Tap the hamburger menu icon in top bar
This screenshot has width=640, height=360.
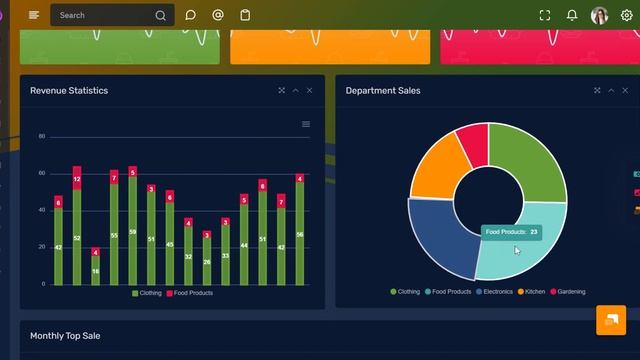tap(34, 15)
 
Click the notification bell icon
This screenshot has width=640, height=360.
tap(572, 15)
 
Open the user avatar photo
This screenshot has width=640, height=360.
tap(599, 15)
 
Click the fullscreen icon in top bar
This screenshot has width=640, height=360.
tap(545, 15)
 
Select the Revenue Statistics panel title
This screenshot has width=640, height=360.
tap(69, 91)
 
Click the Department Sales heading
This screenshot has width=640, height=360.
tap(383, 91)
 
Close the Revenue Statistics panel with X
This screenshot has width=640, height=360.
tap(310, 91)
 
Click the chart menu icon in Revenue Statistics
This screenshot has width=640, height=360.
tap(306, 124)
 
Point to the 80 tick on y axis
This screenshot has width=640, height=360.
tap(42, 136)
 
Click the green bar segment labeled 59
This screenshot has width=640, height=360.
tap(132, 232)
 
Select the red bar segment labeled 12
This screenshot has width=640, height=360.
tap(77, 178)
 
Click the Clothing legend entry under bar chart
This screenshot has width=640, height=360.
tap(146, 293)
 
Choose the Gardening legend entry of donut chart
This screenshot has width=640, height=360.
tap(568, 292)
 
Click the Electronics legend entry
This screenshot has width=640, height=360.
tap(495, 292)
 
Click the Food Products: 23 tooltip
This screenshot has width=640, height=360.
tap(511, 232)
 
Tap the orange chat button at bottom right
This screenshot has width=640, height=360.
tap(610, 320)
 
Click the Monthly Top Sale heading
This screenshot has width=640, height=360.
tap(65, 336)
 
